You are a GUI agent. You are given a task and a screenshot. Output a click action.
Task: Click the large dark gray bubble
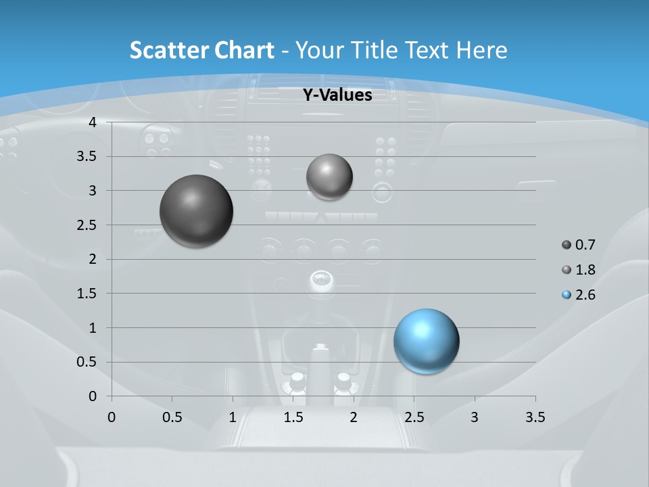click(x=197, y=211)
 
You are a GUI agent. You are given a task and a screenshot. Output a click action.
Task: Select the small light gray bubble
click(x=329, y=177)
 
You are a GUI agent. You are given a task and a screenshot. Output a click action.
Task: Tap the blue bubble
click(x=427, y=341)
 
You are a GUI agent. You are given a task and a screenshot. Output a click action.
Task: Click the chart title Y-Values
click(x=337, y=95)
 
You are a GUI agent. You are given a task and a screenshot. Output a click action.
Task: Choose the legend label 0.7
click(x=585, y=245)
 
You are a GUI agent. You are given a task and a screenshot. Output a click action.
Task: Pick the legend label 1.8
click(x=585, y=270)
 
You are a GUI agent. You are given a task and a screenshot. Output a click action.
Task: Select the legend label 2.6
click(x=585, y=295)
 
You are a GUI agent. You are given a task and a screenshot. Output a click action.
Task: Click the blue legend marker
click(x=567, y=295)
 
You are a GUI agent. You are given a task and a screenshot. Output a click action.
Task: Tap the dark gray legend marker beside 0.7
click(x=567, y=245)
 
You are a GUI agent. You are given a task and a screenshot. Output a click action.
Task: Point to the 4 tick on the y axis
click(x=93, y=122)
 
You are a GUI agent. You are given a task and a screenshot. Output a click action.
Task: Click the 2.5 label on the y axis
click(x=87, y=225)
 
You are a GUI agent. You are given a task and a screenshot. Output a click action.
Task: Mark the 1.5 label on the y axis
click(x=87, y=294)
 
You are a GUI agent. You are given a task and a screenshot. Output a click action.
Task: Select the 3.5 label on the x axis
click(x=535, y=417)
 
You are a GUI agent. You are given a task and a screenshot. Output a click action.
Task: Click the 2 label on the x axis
click(x=354, y=417)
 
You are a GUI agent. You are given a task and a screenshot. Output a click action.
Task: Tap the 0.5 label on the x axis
click(x=172, y=417)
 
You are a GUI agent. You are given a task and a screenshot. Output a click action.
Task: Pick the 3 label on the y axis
click(x=93, y=191)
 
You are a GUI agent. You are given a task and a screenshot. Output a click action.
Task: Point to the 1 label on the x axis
click(x=233, y=417)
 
